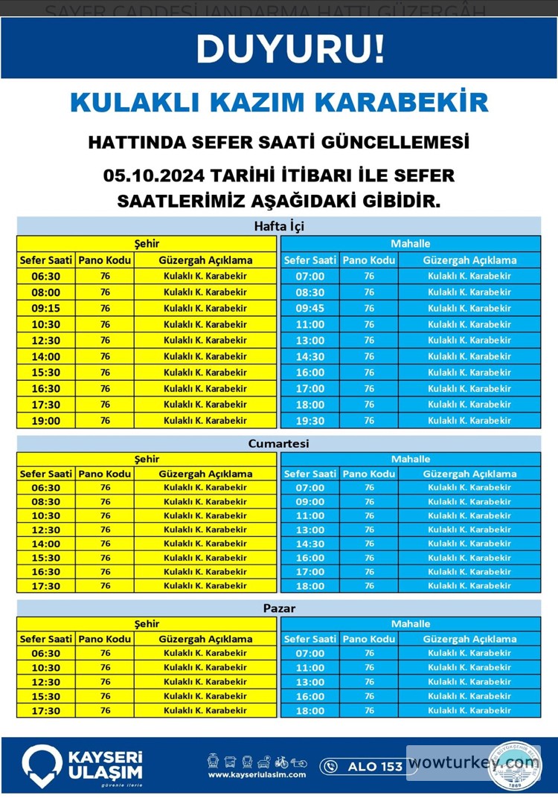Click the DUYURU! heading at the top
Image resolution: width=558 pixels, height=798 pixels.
[x=290, y=49]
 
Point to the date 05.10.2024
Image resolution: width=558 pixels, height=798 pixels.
[x=154, y=176]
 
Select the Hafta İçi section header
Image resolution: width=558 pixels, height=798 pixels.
[x=279, y=226]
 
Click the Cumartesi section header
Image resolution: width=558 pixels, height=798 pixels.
[x=279, y=443]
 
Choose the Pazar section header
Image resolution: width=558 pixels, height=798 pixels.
[x=279, y=608]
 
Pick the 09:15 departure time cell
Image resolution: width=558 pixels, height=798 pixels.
[x=46, y=308]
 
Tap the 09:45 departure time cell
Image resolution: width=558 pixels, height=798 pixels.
[x=310, y=308]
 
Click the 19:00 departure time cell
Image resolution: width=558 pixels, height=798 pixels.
[x=46, y=420]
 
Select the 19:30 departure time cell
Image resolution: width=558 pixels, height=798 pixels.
[x=310, y=420]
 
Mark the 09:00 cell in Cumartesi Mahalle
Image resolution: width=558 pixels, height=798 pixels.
[x=310, y=501]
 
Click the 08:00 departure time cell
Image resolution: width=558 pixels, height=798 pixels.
[x=46, y=292]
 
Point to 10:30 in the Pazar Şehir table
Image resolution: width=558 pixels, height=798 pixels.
[x=46, y=667]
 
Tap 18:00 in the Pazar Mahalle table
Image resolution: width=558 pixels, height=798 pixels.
[x=310, y=710]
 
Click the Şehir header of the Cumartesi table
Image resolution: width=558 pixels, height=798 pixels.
[x=147, y=459]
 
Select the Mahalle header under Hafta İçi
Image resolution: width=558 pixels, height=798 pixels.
[x=411, y=243]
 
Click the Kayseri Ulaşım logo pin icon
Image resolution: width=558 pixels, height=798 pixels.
[x=41, y=765]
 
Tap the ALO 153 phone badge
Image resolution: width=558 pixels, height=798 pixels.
[x=364, y=766]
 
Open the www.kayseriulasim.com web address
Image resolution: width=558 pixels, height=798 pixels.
[x=257, y=775]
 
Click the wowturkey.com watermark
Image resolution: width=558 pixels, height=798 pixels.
[x=473, y=763]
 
